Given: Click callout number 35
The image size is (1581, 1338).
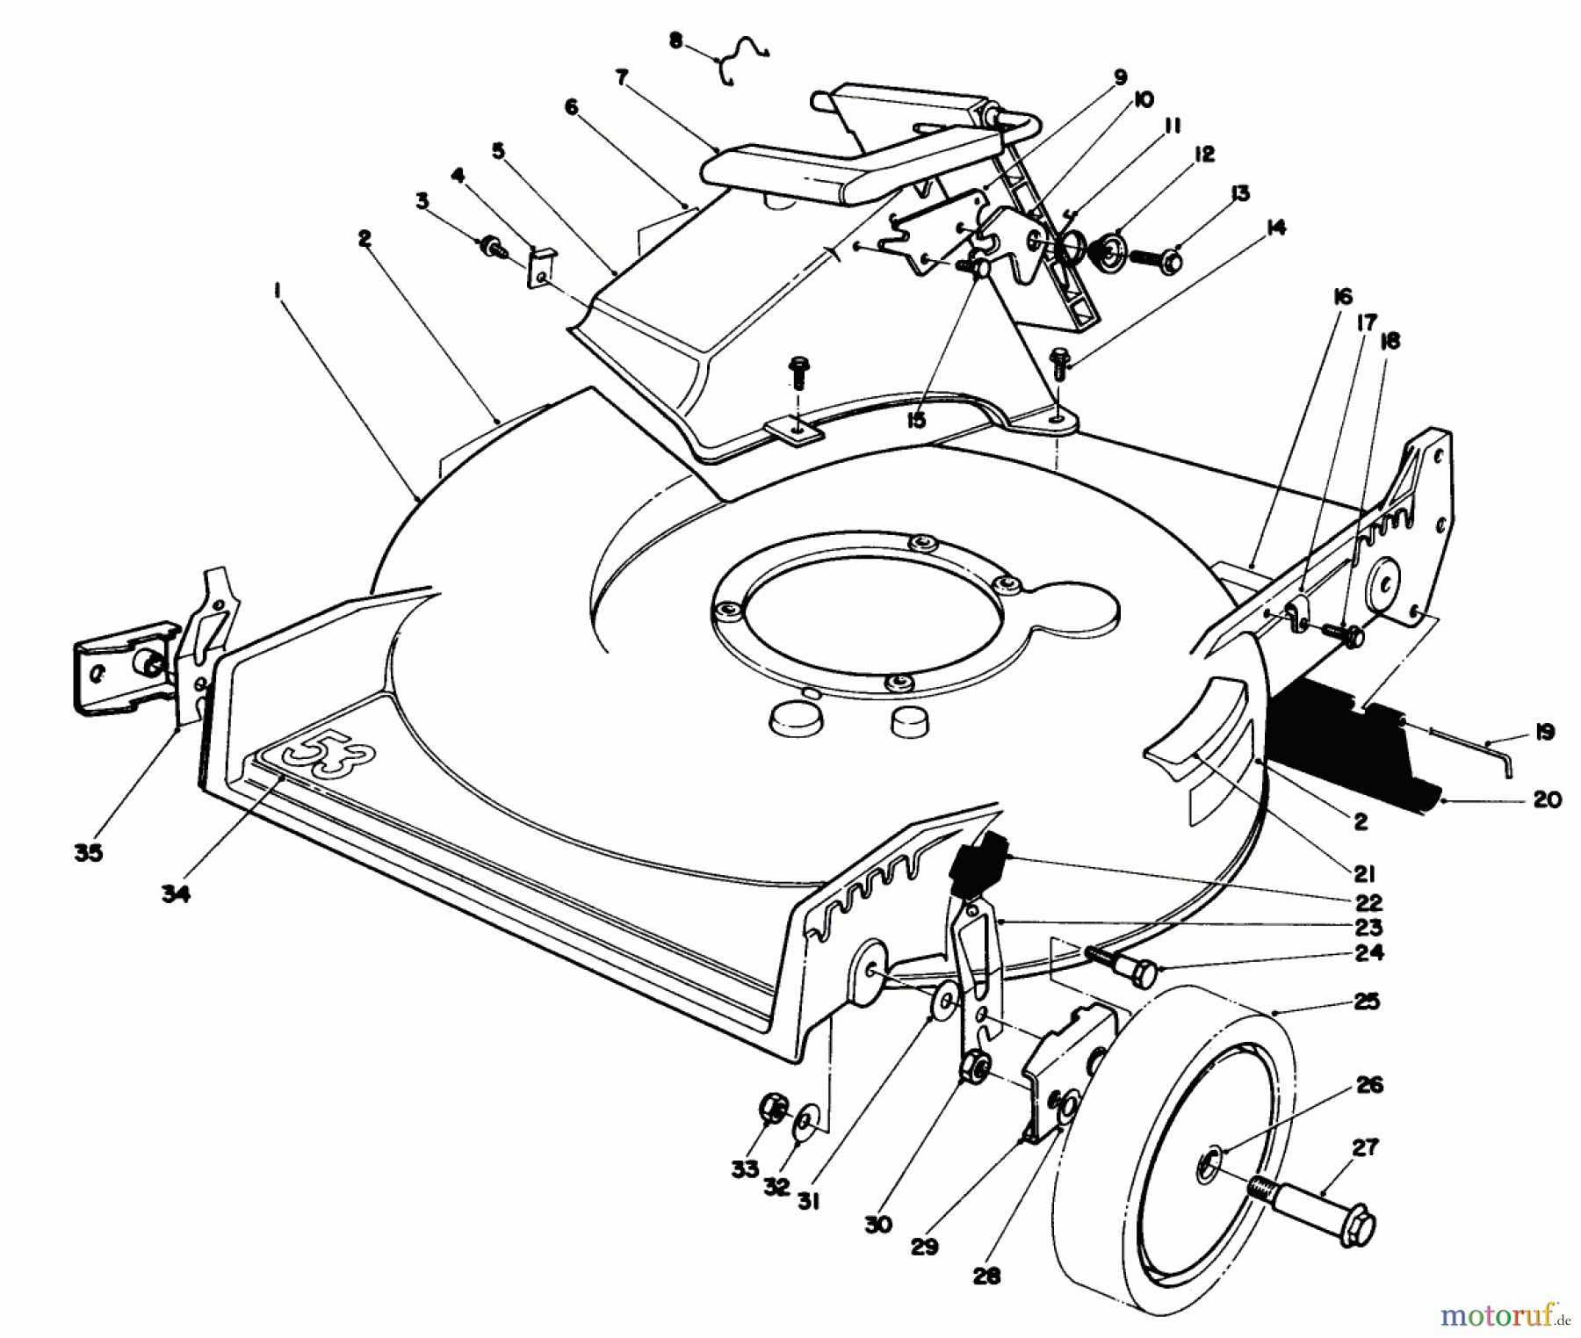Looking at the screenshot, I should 89,852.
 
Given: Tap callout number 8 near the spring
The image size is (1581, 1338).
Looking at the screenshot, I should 675,41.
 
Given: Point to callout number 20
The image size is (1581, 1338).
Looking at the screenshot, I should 1547,799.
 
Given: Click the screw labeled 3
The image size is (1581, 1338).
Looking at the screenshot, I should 489,247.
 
